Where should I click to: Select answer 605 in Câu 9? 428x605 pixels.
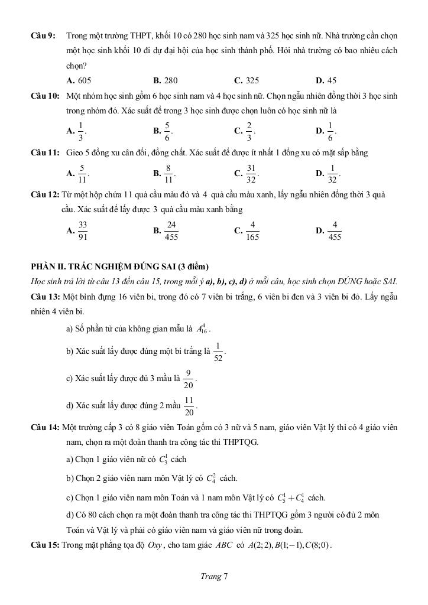click(x=83, y=80)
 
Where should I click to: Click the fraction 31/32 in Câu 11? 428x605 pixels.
click(x=251, y=174)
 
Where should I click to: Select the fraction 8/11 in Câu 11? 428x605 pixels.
click(x=169, y=174)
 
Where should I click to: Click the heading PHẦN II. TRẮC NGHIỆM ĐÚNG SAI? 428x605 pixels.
click(x=120, y=266)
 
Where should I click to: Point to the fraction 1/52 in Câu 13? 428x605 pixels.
click(x=218, y=352)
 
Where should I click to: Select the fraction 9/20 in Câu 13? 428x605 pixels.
click(x=189, y=379)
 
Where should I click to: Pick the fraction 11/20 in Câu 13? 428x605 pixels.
click(x=189, y=406)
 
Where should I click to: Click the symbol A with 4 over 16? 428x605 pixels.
click(x=203, y=328)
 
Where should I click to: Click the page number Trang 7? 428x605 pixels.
click(x=214, y=577)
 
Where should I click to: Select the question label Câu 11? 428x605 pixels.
click(x=45, y=153)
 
